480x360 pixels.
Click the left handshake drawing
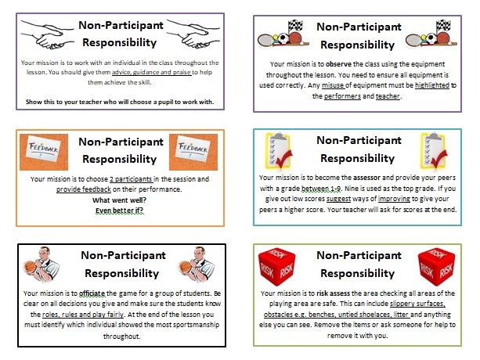(48, 34)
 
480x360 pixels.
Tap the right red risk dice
(436, 267)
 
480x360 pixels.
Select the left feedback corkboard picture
(44, 152)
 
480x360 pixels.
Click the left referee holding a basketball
(42, 265)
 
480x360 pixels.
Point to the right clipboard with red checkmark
(434, 150)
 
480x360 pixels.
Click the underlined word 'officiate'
(92, 293)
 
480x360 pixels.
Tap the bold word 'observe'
(338, 64)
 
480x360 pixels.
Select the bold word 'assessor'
(366, 178)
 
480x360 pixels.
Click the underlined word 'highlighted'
(432, 85)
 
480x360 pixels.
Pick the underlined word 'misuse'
(333, 85)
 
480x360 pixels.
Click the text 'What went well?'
(119, 200)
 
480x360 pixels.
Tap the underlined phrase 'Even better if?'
(119, 211)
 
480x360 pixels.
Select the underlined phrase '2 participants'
(131, 179)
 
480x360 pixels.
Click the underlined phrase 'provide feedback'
(84, 189)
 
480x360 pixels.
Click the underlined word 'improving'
(394, 199)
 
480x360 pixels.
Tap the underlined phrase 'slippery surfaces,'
(417, 304)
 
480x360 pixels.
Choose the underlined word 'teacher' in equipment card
(388, 96)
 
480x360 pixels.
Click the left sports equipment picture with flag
(283, 34)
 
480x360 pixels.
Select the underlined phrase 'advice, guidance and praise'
(152, 73)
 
